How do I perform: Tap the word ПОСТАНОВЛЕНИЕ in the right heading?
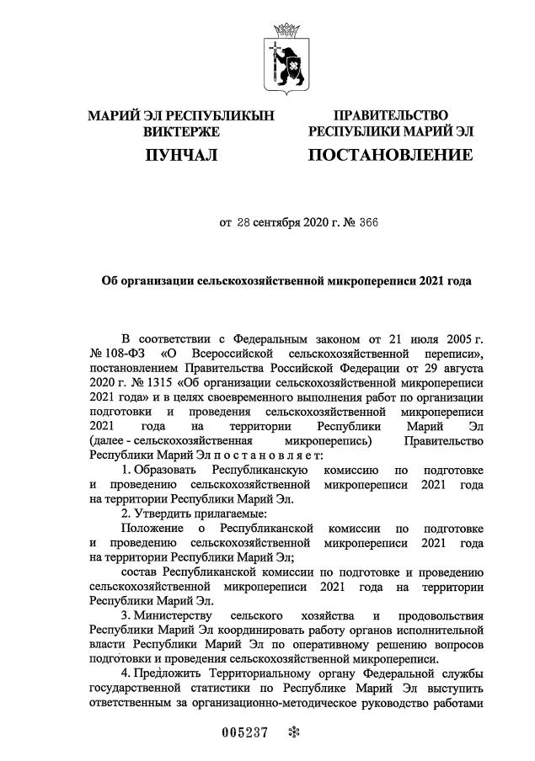391,155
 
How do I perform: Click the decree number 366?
324,223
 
